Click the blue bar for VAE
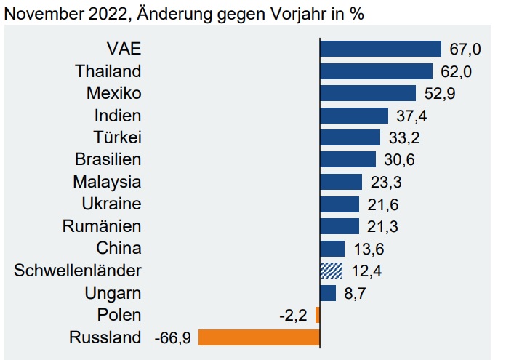click(x=380, y=49)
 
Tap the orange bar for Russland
click(x=259, y=337)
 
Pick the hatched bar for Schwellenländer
click(x=331, y=271)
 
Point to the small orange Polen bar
click(x=318, y=315)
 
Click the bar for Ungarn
click(x=328, y=293)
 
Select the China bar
click(x=332, y=249)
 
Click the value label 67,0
click(x=465, y=49)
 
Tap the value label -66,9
click(x=173, y=338)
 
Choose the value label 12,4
click(x=366, y=271)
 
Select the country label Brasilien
click(x=108, y=160)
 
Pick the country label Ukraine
click(x=112, y=204)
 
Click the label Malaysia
click(x=107, y=182)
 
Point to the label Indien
click(x=118, y=116)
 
